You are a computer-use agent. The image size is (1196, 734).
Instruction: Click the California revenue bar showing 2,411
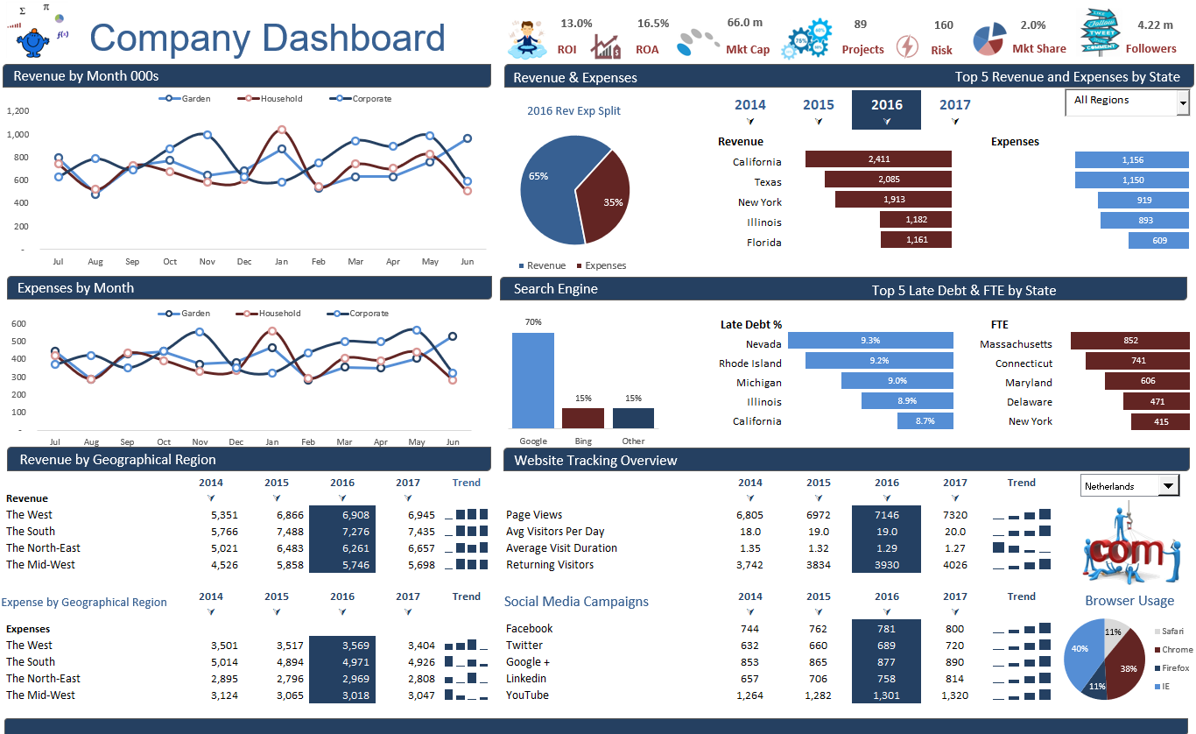(x=877, y=159)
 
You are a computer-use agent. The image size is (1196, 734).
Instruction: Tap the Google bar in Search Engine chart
(x=533, y=380)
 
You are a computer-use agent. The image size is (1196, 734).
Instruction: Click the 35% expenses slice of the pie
(x=606, y=199)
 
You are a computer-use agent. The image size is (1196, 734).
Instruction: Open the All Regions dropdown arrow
(x=1183, y=103)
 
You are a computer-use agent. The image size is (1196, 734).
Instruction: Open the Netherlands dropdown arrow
(x=1168, y=485)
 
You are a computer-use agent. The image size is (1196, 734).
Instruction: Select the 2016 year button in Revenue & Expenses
(x=886, y=109)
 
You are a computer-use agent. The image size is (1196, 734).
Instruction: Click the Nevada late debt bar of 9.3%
(x=870, y=341)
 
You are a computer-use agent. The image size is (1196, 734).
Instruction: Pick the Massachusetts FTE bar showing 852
(x=1129, y=341)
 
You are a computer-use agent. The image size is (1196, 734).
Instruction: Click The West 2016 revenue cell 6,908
(x=342, y=515)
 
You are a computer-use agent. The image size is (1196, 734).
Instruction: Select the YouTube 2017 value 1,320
(x=955, y=695)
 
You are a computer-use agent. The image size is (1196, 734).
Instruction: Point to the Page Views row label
(x=534, y=515)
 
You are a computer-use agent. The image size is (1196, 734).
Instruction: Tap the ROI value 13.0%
(x=576, y=23)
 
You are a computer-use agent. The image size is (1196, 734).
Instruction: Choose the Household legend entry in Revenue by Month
(x=280, y=99)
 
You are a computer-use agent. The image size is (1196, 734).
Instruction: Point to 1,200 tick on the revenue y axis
(x=18, y=111)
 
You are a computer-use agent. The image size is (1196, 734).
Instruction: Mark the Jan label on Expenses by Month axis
(x=272, y=442)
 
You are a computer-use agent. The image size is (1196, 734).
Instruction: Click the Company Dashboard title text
(x=267, y=39)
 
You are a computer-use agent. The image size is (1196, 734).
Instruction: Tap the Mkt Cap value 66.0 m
(x=744, y=23)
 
